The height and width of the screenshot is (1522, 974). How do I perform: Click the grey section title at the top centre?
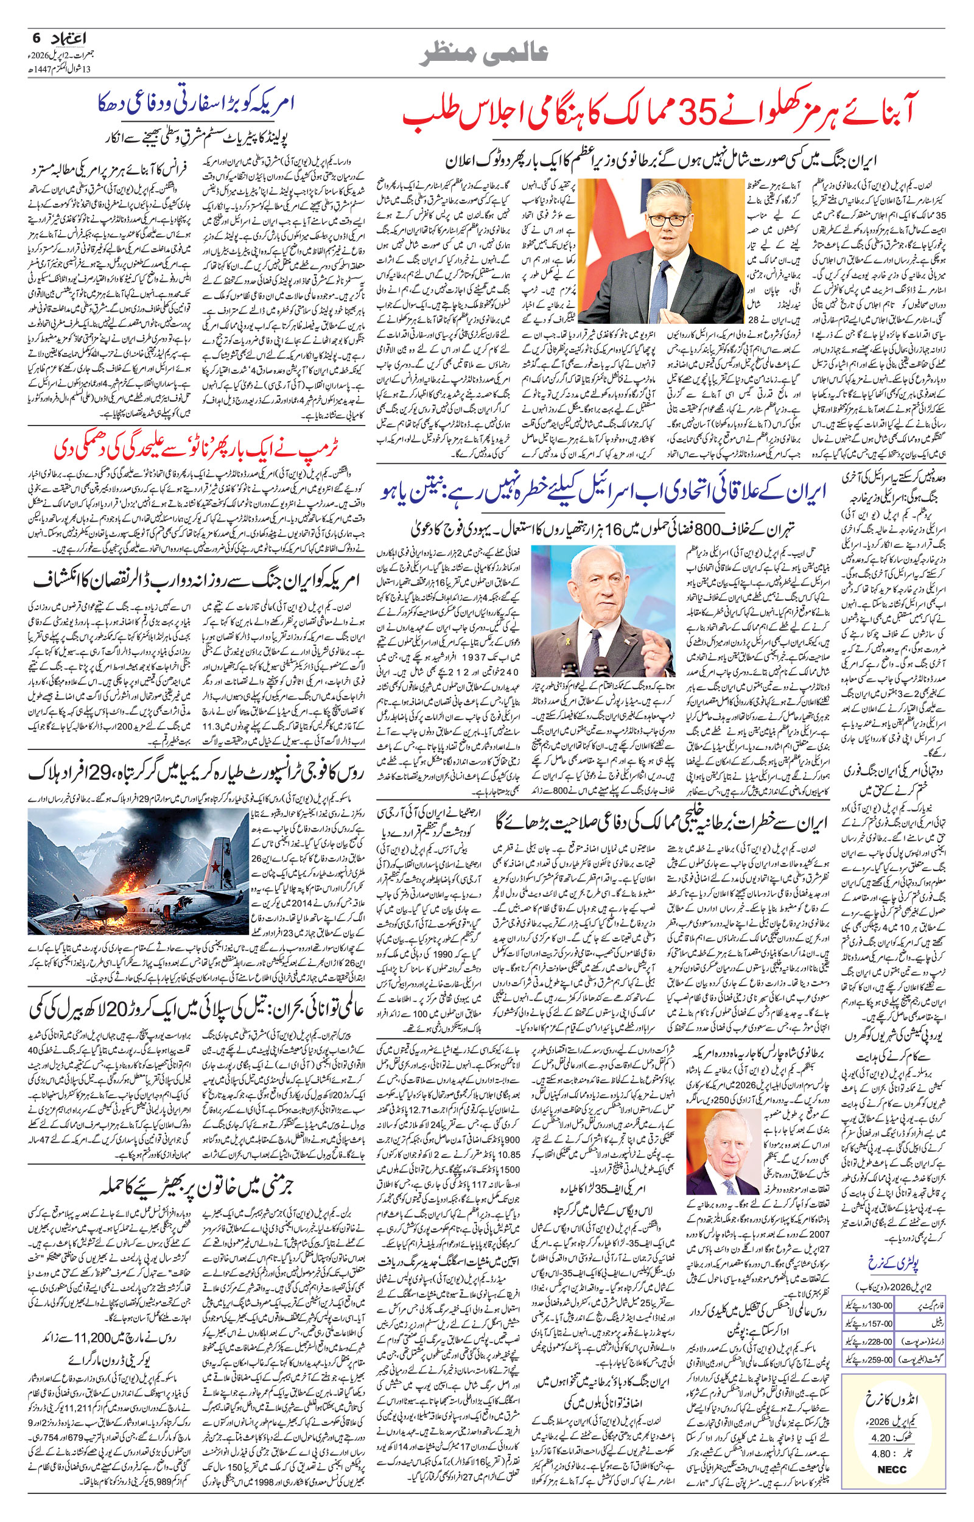click(486, 52)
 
